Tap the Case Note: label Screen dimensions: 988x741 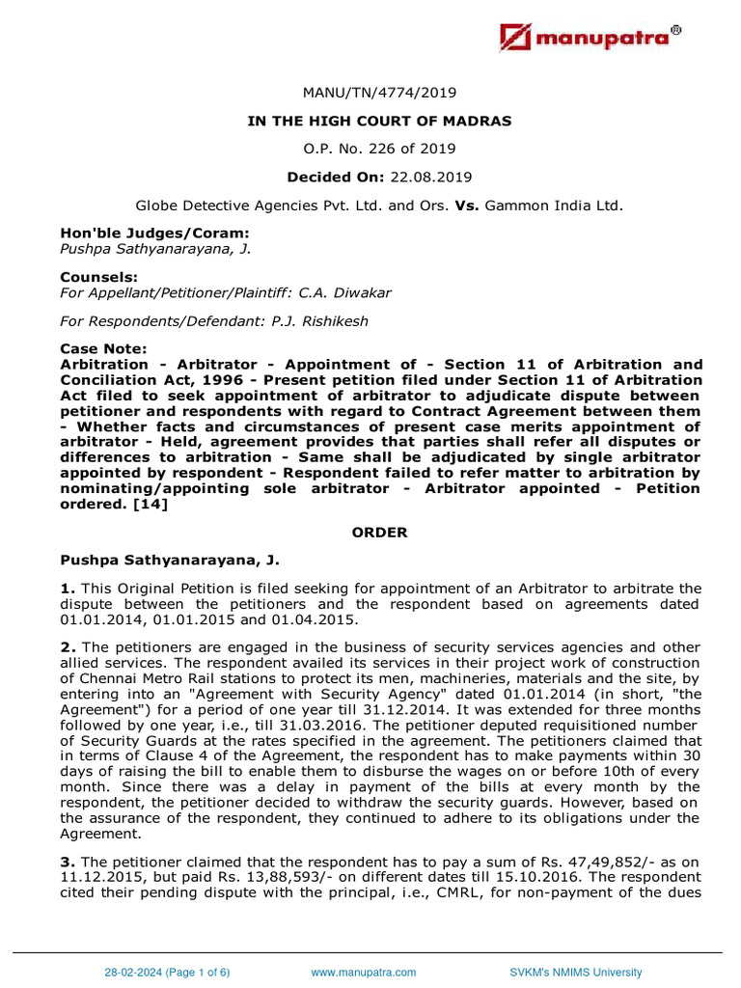click(97, 348)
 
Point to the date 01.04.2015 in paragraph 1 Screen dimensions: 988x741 click(297, 619)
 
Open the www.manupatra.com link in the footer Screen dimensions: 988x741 click(363, 973)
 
